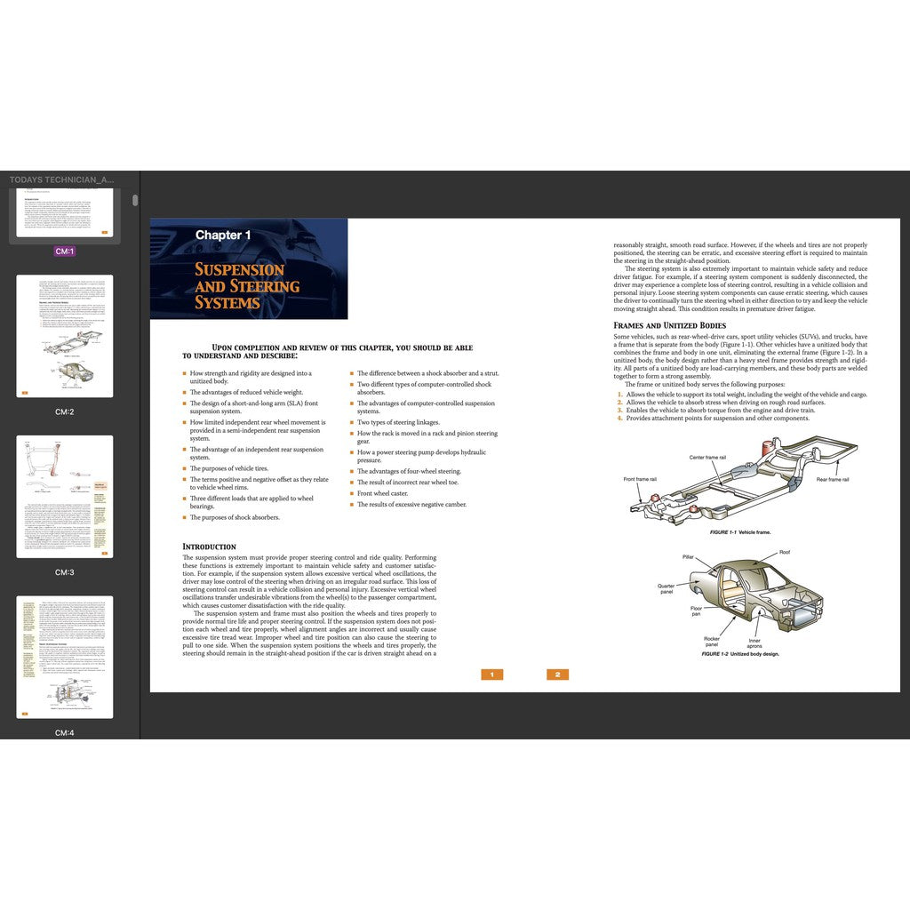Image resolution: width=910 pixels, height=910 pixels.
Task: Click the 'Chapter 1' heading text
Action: tap(223, 235)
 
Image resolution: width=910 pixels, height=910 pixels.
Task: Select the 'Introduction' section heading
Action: tap(209, 547)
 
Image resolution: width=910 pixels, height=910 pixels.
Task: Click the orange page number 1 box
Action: tap(491, 675)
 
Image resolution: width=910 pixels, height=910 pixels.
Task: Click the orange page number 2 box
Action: tap(557, 675)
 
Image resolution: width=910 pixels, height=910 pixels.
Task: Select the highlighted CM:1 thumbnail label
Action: tap(65, 251)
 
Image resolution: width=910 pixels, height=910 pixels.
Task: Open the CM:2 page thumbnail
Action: tap(65, 336)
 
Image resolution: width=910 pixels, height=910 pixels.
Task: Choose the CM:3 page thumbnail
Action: tap(65, 496)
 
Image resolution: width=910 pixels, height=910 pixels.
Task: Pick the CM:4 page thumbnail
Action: tap(65, 657)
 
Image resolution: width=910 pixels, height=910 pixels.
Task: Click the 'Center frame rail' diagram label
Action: tap(707, 458)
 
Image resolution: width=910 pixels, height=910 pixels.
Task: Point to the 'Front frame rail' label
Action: tap(640, 479)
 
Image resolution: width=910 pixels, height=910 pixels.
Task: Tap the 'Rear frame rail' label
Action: tap(833, 480)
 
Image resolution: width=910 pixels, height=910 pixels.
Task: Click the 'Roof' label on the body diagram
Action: tap(785, 552)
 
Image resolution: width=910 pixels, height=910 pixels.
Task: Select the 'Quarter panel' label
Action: tap(666, 588)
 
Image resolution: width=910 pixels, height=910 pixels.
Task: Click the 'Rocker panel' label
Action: tap(712, 642)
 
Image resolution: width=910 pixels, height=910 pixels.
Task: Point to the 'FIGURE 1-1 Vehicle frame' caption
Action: tap(740, 532)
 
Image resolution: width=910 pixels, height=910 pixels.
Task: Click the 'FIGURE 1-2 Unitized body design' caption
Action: tap(739, 654)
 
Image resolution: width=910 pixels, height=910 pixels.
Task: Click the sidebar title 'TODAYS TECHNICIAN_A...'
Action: tap(61, 180)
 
